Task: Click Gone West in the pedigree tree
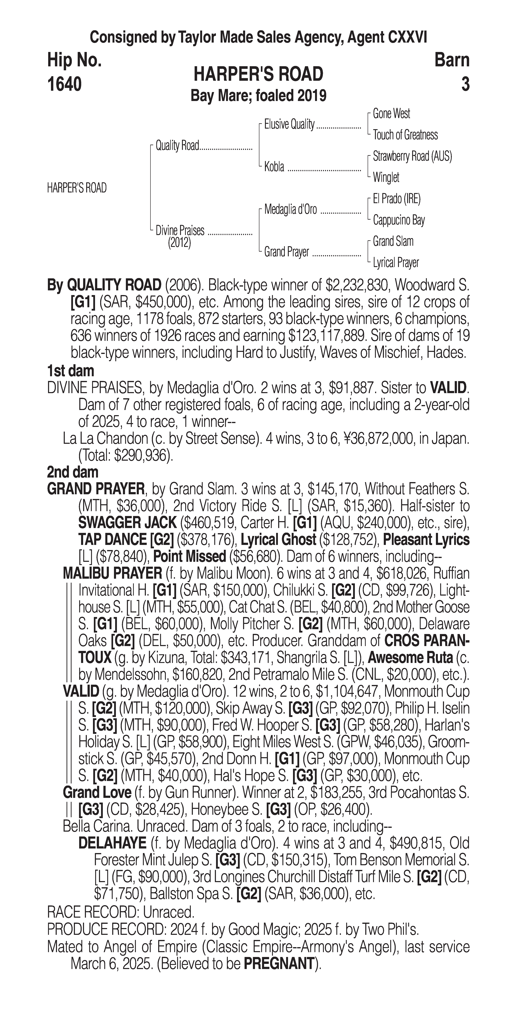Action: (x=391, y=114)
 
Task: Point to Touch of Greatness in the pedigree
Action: (x=405, y=135)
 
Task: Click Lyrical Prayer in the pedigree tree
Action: (x=396, y=263)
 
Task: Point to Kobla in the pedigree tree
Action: (x=274, y=167)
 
